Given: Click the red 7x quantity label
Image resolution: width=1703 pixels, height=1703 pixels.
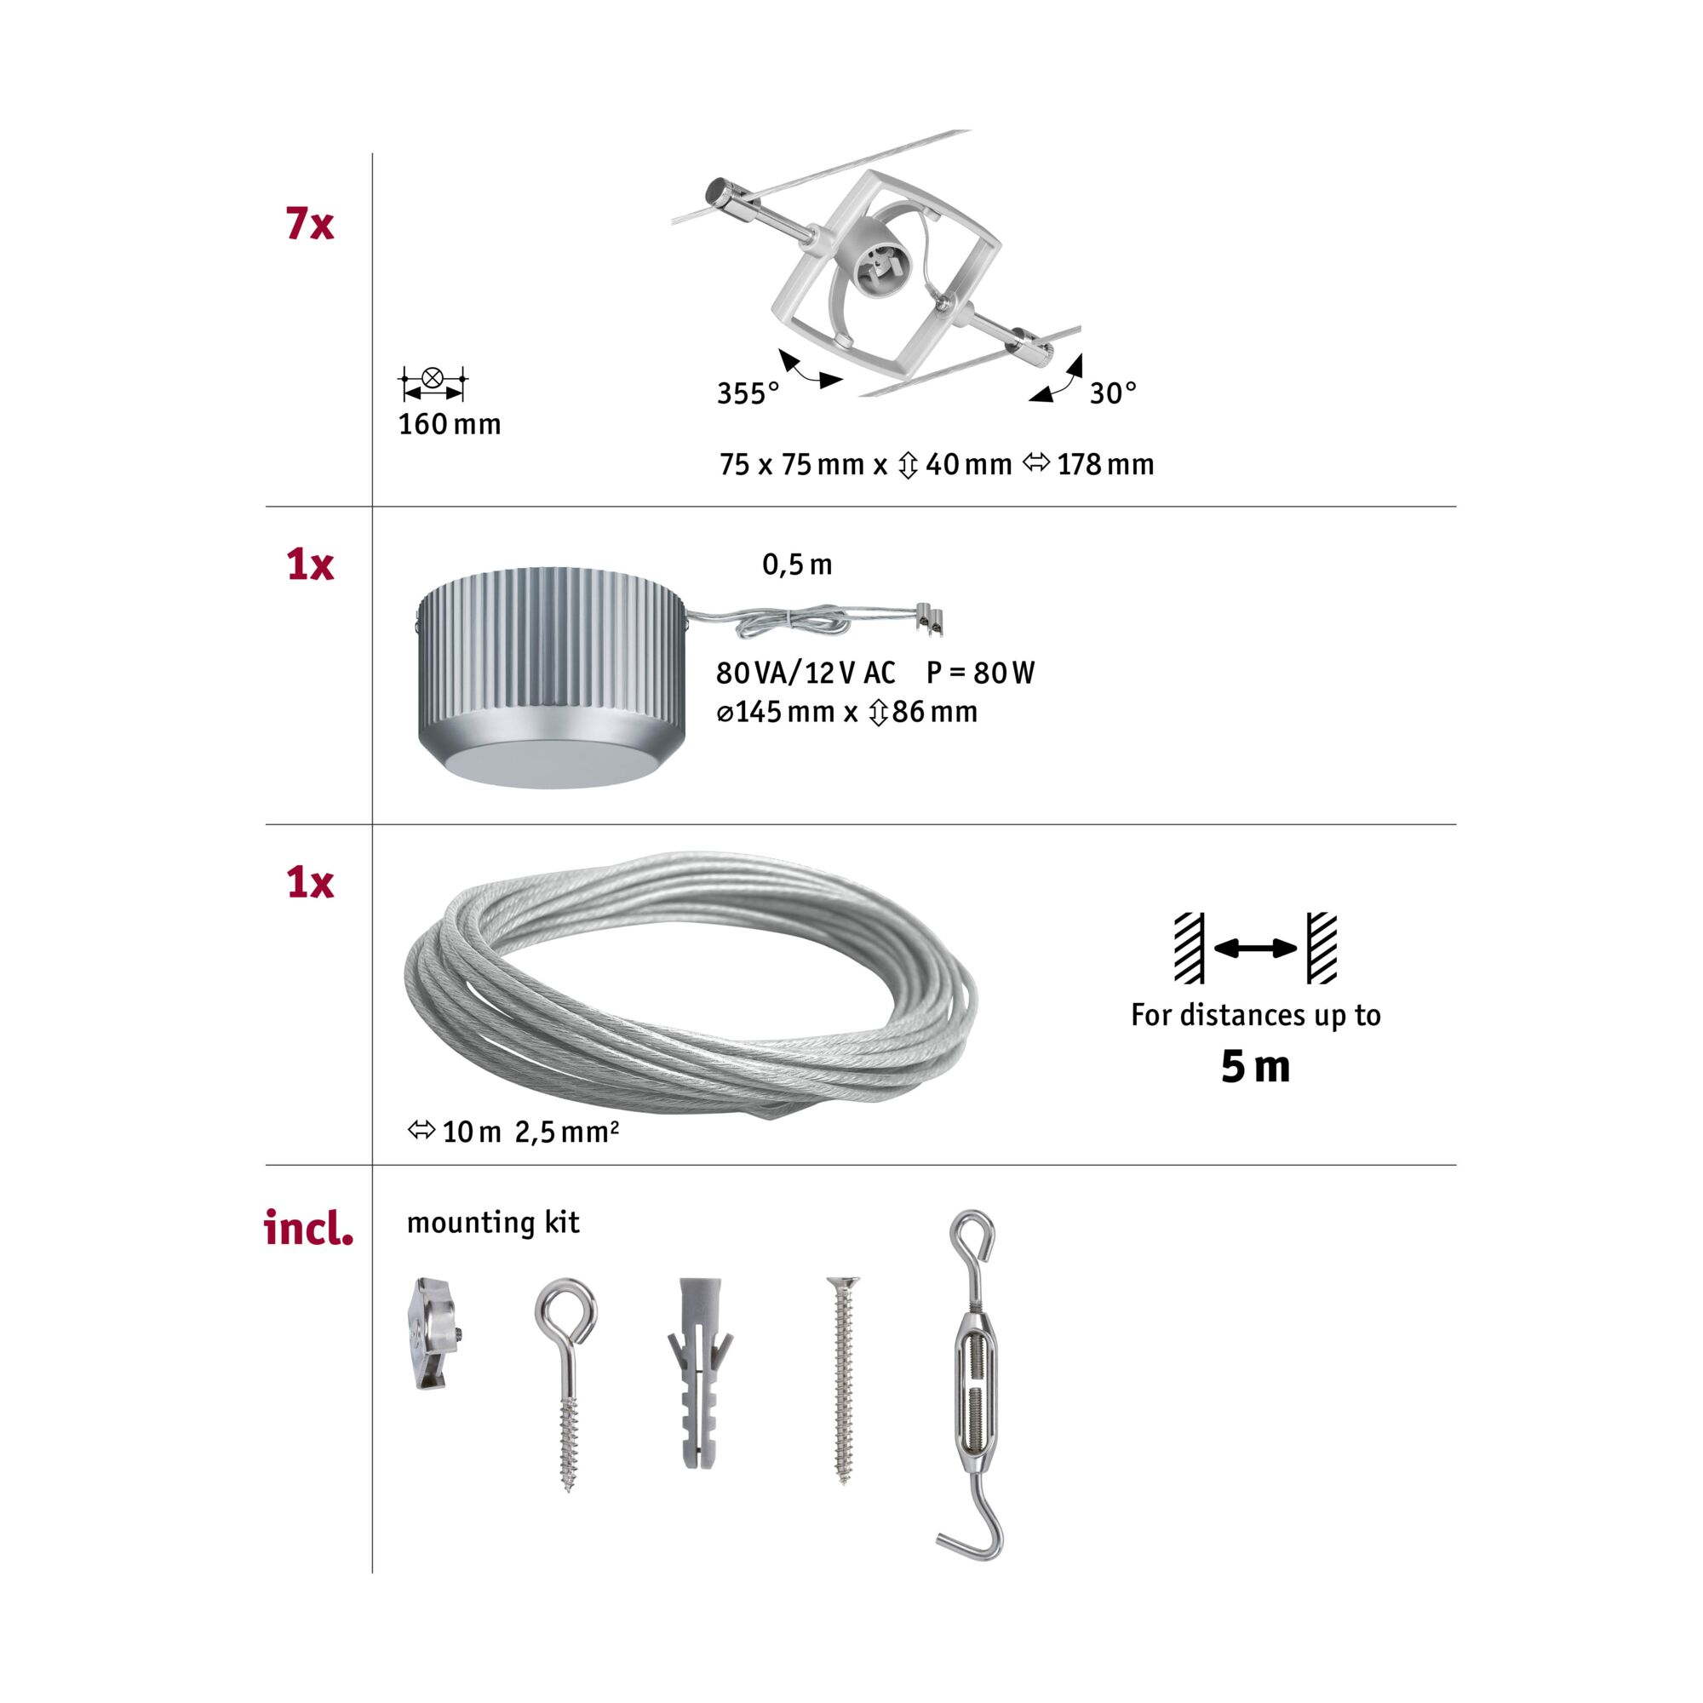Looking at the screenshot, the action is (309, 224).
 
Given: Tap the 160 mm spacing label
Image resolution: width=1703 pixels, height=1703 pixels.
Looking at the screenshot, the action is (450, 424).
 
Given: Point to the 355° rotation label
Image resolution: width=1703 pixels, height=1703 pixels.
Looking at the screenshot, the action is (748, 393).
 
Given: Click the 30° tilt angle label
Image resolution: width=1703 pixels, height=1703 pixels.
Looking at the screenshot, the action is (1113, 393).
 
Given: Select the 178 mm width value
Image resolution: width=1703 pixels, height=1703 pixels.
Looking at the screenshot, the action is (1105, 464).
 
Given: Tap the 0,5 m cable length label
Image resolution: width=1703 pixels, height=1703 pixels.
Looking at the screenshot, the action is (797, 565).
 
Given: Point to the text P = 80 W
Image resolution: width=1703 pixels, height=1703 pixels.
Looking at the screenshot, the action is (980, 673).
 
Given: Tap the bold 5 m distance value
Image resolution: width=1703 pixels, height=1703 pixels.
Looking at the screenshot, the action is (1255, 1067).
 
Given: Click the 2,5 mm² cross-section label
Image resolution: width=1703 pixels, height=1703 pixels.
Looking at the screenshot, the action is (567, 1131).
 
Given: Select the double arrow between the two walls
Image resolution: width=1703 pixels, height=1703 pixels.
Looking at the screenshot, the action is (1255, 949).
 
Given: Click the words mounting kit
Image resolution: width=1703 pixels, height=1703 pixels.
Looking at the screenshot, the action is (494, 1223).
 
